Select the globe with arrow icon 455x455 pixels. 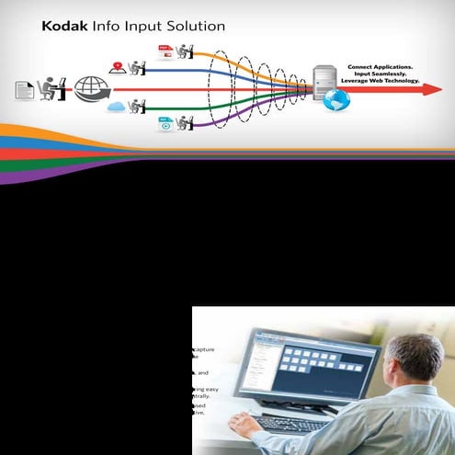pyautogui.click(x=92, y=89)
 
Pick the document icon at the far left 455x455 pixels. pyautogui.click(x=25, y=90)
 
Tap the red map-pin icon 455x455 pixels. pyautogui.click(x=118, y=67)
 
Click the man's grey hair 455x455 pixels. pyautogui.click(x=415, y=354)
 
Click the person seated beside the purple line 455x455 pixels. pyautogui.click(x=185, y=121)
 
